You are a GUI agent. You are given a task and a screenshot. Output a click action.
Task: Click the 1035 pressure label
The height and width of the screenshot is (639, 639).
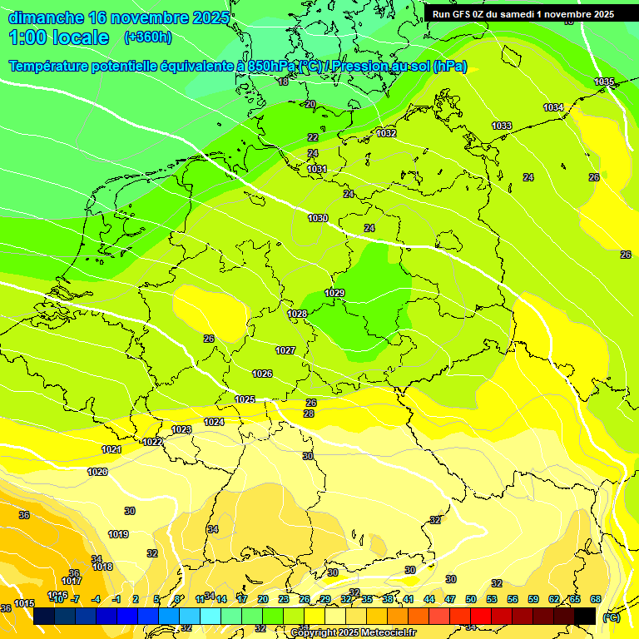pyautogui.click(x=604, y=82)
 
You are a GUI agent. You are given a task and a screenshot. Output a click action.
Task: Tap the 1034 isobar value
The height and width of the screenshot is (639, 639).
pyautogui.click(x=553, y=107)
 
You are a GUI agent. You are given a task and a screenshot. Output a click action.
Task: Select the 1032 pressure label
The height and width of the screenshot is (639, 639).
pyautogui.click(x=386, y=133)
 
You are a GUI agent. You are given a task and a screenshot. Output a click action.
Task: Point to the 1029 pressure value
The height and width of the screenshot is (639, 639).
pyautogui.click(x=334, y=293)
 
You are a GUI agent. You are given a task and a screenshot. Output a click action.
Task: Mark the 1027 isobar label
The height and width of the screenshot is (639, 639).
pyautogui.click(x=285, y=350)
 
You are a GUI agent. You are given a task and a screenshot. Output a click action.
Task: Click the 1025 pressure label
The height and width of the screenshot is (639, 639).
pyautogui.click(x=245, y=400)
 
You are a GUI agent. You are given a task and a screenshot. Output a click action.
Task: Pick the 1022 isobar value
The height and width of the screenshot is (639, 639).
pyautogui.click(x=152, y=442)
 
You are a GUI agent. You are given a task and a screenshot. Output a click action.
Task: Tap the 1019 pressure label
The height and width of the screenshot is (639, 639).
pyautogui.click(x=118, y=534)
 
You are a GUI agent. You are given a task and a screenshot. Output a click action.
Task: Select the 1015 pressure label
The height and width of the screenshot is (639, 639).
pyautogui.click(x=24, y=603)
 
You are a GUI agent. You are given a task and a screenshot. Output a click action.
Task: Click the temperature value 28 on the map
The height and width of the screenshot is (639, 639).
pyautogui.click(x=309, y=414)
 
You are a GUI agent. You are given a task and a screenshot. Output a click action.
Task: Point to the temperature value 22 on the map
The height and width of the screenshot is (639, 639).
pyautogui.click(x=313, y=137)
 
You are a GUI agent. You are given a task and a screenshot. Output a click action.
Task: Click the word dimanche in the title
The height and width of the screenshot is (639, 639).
pyautogui.click(x=47, y=17)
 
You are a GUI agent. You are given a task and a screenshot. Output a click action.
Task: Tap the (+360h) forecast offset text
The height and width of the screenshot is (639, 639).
pyautogui.click(x=148, y=37)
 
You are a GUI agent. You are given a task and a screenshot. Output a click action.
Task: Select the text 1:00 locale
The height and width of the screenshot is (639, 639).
pyautogui.click(x=59, y=37)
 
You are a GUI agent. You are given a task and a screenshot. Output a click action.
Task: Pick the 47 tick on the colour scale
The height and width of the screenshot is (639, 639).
pyautogui.click(x=450, y=599)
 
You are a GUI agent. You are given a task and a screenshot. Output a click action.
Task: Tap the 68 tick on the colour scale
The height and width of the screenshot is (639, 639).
pyautogui.click(x=595, y=599)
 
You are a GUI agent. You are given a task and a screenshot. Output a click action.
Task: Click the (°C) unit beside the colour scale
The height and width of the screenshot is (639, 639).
pyautogui.click(x=612, y=617)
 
